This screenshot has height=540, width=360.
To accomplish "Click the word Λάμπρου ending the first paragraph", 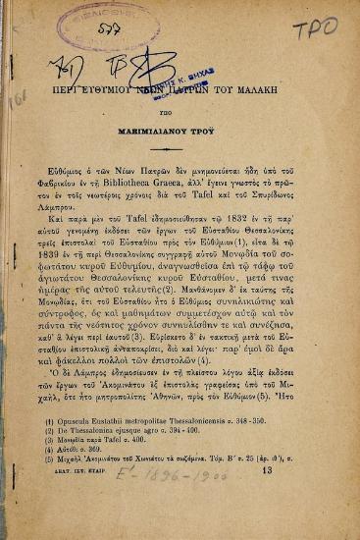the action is [69, 211].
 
